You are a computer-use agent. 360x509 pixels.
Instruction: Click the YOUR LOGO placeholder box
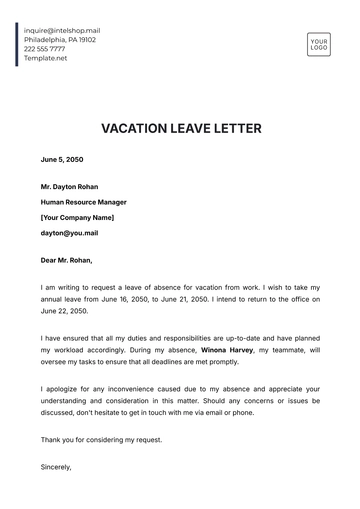click(319, 44)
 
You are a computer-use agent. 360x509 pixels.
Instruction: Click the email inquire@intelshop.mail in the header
click(62, 30)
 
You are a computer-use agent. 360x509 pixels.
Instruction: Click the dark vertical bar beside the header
click(17, 44)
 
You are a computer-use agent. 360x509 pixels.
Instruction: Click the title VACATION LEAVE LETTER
click(180, 129)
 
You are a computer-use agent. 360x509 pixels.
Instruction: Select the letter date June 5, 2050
click(62, 159)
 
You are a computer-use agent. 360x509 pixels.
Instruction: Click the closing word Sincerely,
click(57, 465)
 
